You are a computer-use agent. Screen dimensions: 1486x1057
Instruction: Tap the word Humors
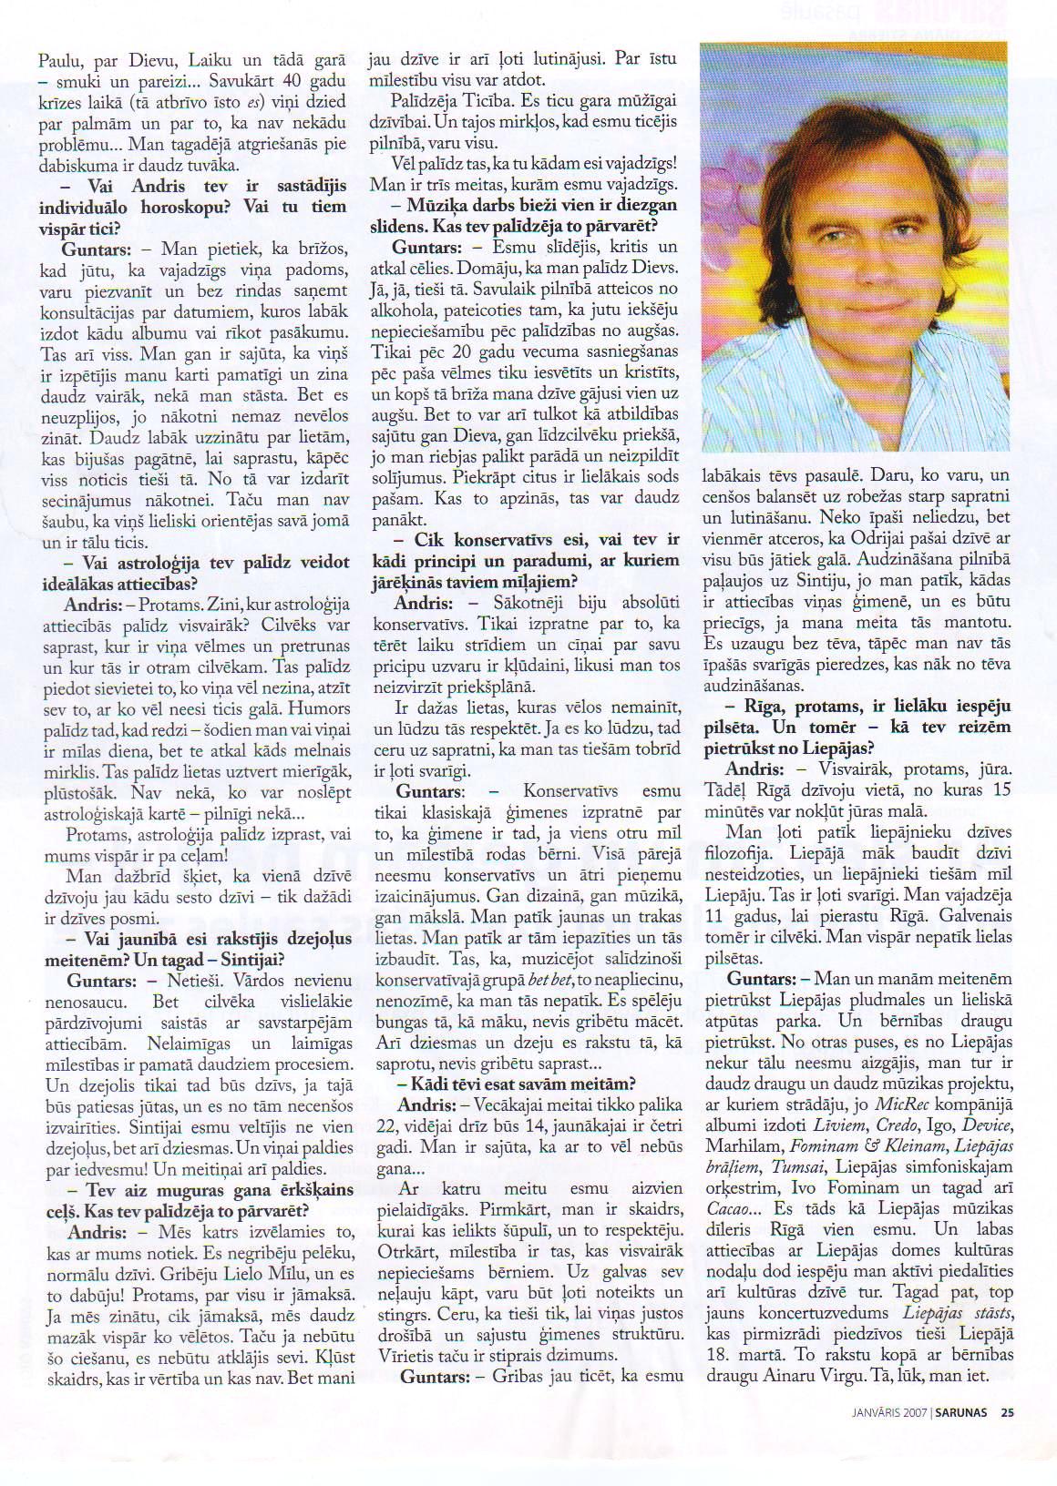point(319,709)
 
